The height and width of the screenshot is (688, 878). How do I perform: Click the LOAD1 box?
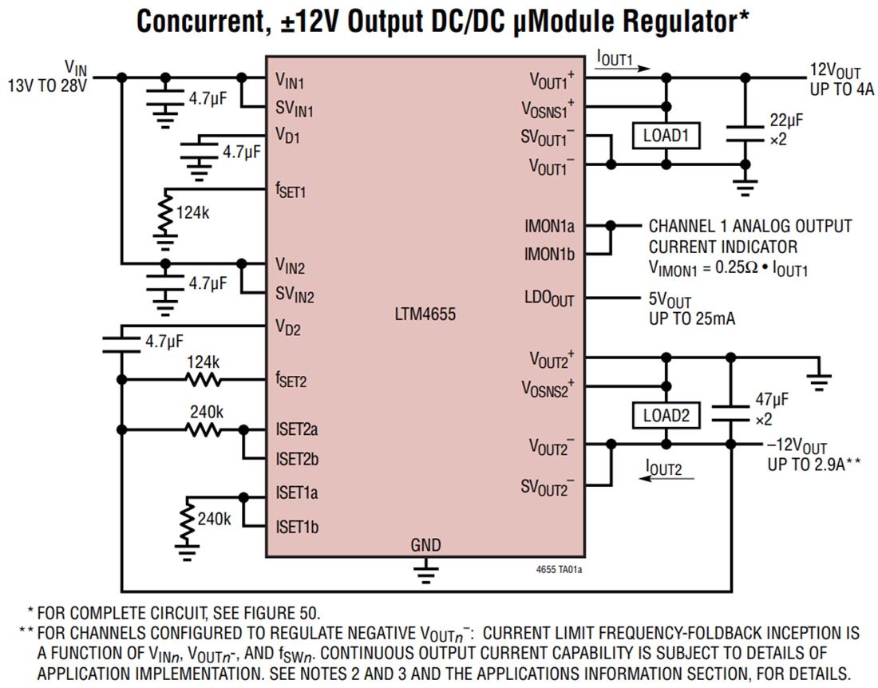[x=666, y=136]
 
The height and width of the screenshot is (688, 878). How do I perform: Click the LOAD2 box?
[x=666, y=415]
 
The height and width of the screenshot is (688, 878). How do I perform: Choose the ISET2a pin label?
[x=297, y=429]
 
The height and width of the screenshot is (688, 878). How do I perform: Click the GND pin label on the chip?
[x=425, y=546]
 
